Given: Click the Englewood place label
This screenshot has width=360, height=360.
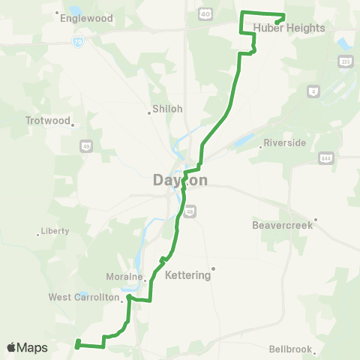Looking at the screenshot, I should tap(88, 18).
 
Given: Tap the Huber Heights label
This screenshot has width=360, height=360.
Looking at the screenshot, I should tap(299, 28).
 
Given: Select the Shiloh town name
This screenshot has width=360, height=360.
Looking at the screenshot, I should tap(167, 109).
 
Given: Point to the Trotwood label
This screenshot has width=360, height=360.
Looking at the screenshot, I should tap(47, 120).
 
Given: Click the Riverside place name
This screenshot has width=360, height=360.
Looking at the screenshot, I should tap(286, 142).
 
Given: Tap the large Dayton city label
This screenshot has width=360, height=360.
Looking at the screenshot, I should tap(180, 180).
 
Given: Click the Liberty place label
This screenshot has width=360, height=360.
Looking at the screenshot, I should tap(55, 231).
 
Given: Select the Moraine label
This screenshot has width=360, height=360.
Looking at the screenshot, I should tap(119, 276).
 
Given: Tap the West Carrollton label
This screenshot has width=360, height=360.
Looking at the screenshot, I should tap(84, 297).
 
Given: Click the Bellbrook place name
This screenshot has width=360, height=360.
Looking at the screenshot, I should tap(289, 349).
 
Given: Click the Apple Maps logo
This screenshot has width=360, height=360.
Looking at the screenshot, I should tap(27, 347).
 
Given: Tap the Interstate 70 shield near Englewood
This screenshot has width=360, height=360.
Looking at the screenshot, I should tap(78, 43).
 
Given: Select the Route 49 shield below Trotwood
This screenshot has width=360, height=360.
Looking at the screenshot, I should tap(87, 145).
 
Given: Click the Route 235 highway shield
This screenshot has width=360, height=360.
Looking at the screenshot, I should tap(345, 61).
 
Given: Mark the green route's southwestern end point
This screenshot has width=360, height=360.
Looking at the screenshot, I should tap(77, 345).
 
